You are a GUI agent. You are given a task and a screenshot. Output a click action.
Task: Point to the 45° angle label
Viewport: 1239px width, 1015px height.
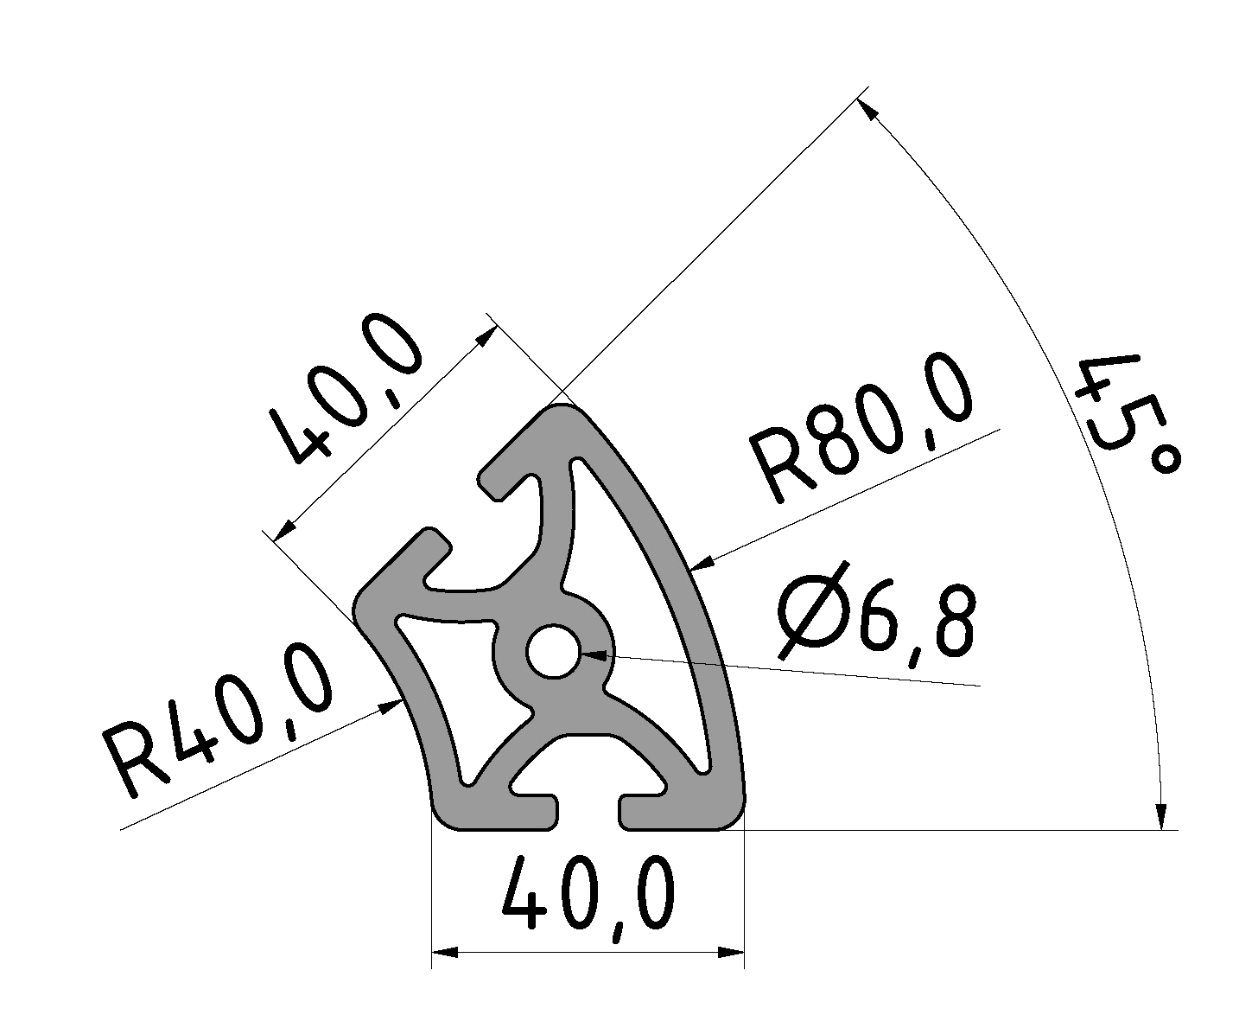point(1123,415)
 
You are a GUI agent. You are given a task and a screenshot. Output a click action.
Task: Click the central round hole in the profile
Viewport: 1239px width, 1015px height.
point(555,652)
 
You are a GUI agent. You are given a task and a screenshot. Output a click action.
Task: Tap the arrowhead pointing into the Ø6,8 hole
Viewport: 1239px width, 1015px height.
point(593,655)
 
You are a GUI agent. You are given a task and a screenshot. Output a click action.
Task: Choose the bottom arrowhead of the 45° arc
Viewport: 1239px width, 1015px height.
point(1161,817)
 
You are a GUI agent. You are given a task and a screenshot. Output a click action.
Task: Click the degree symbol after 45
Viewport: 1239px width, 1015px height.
point(1165,461)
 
